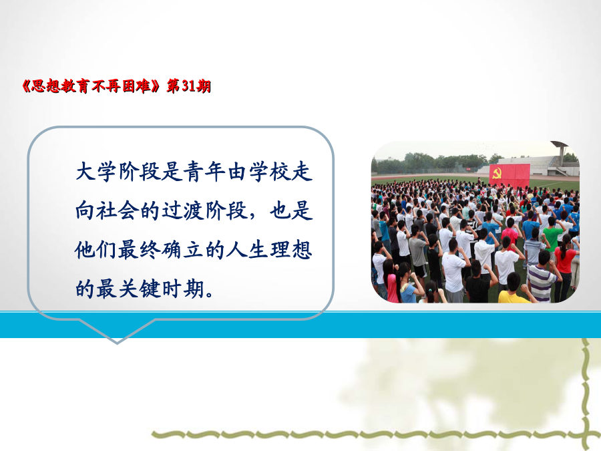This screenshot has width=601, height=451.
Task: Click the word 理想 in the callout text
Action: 291,250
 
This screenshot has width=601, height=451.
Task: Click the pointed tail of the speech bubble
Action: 117,343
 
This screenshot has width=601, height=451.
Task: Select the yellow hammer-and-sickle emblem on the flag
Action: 496,173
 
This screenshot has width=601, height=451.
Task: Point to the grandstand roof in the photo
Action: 560,144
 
